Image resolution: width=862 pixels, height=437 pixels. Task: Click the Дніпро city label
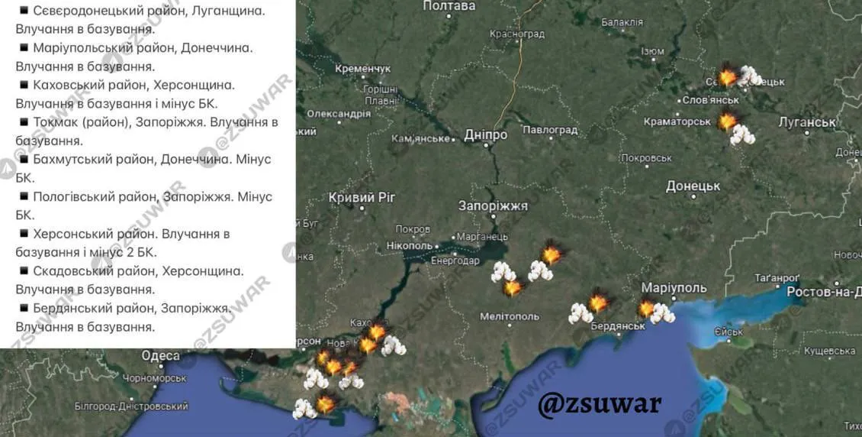pyautogui.click(x=486, y=135)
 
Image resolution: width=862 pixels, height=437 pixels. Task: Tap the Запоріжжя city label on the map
pyautogui.click(x=493, y=206)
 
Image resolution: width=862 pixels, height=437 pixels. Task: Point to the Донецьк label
pyautogui.click(x=693, y=186)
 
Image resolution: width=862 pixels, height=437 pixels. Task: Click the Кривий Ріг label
pyautogui.click(x=362, y=198)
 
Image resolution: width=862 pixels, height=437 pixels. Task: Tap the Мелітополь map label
pyautogui.click(x=510, y=316)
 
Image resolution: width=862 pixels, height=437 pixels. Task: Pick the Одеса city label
pyautogui.click(x=160, y=356)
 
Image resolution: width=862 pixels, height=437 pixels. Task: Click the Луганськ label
pyautogui.click(x=807, y=122)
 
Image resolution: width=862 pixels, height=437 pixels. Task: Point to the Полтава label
pyautogui.click(x=449, y=6)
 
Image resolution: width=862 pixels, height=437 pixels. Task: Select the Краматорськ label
pyautogui.click(x=677, y=121)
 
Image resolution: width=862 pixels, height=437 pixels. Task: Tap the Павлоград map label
pyautogui.click(x=551, y=130)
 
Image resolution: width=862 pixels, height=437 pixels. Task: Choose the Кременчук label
pyautogui.click(x=362, y=69)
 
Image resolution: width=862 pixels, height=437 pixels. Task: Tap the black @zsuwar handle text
pyautogui.click(x=600, y=403)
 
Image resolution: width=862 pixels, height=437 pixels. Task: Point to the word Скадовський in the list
pyautogui.click(x=80, y=270)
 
